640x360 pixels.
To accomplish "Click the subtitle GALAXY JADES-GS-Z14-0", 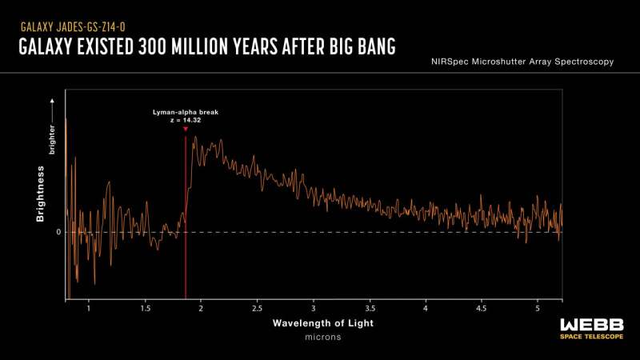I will click(73, 26).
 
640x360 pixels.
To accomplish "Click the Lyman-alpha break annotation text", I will click(185, 113).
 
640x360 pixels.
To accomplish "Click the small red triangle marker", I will click(186, 130).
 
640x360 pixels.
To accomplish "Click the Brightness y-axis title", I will click(39, 201).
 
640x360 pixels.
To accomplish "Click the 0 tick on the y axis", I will click(58, 232).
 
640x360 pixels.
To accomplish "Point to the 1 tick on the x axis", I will click(88, 307).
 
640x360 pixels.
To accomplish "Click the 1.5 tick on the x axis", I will click(145, 307).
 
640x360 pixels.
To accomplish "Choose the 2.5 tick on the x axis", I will click(257, 307).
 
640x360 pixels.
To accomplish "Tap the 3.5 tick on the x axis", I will click(370, 307).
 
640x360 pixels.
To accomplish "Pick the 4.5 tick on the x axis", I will click(482, 307).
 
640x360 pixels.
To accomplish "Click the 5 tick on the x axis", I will click(538, 307).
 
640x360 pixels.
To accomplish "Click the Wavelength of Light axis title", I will click(322, 323).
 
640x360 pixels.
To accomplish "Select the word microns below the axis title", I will click(322, 337).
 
